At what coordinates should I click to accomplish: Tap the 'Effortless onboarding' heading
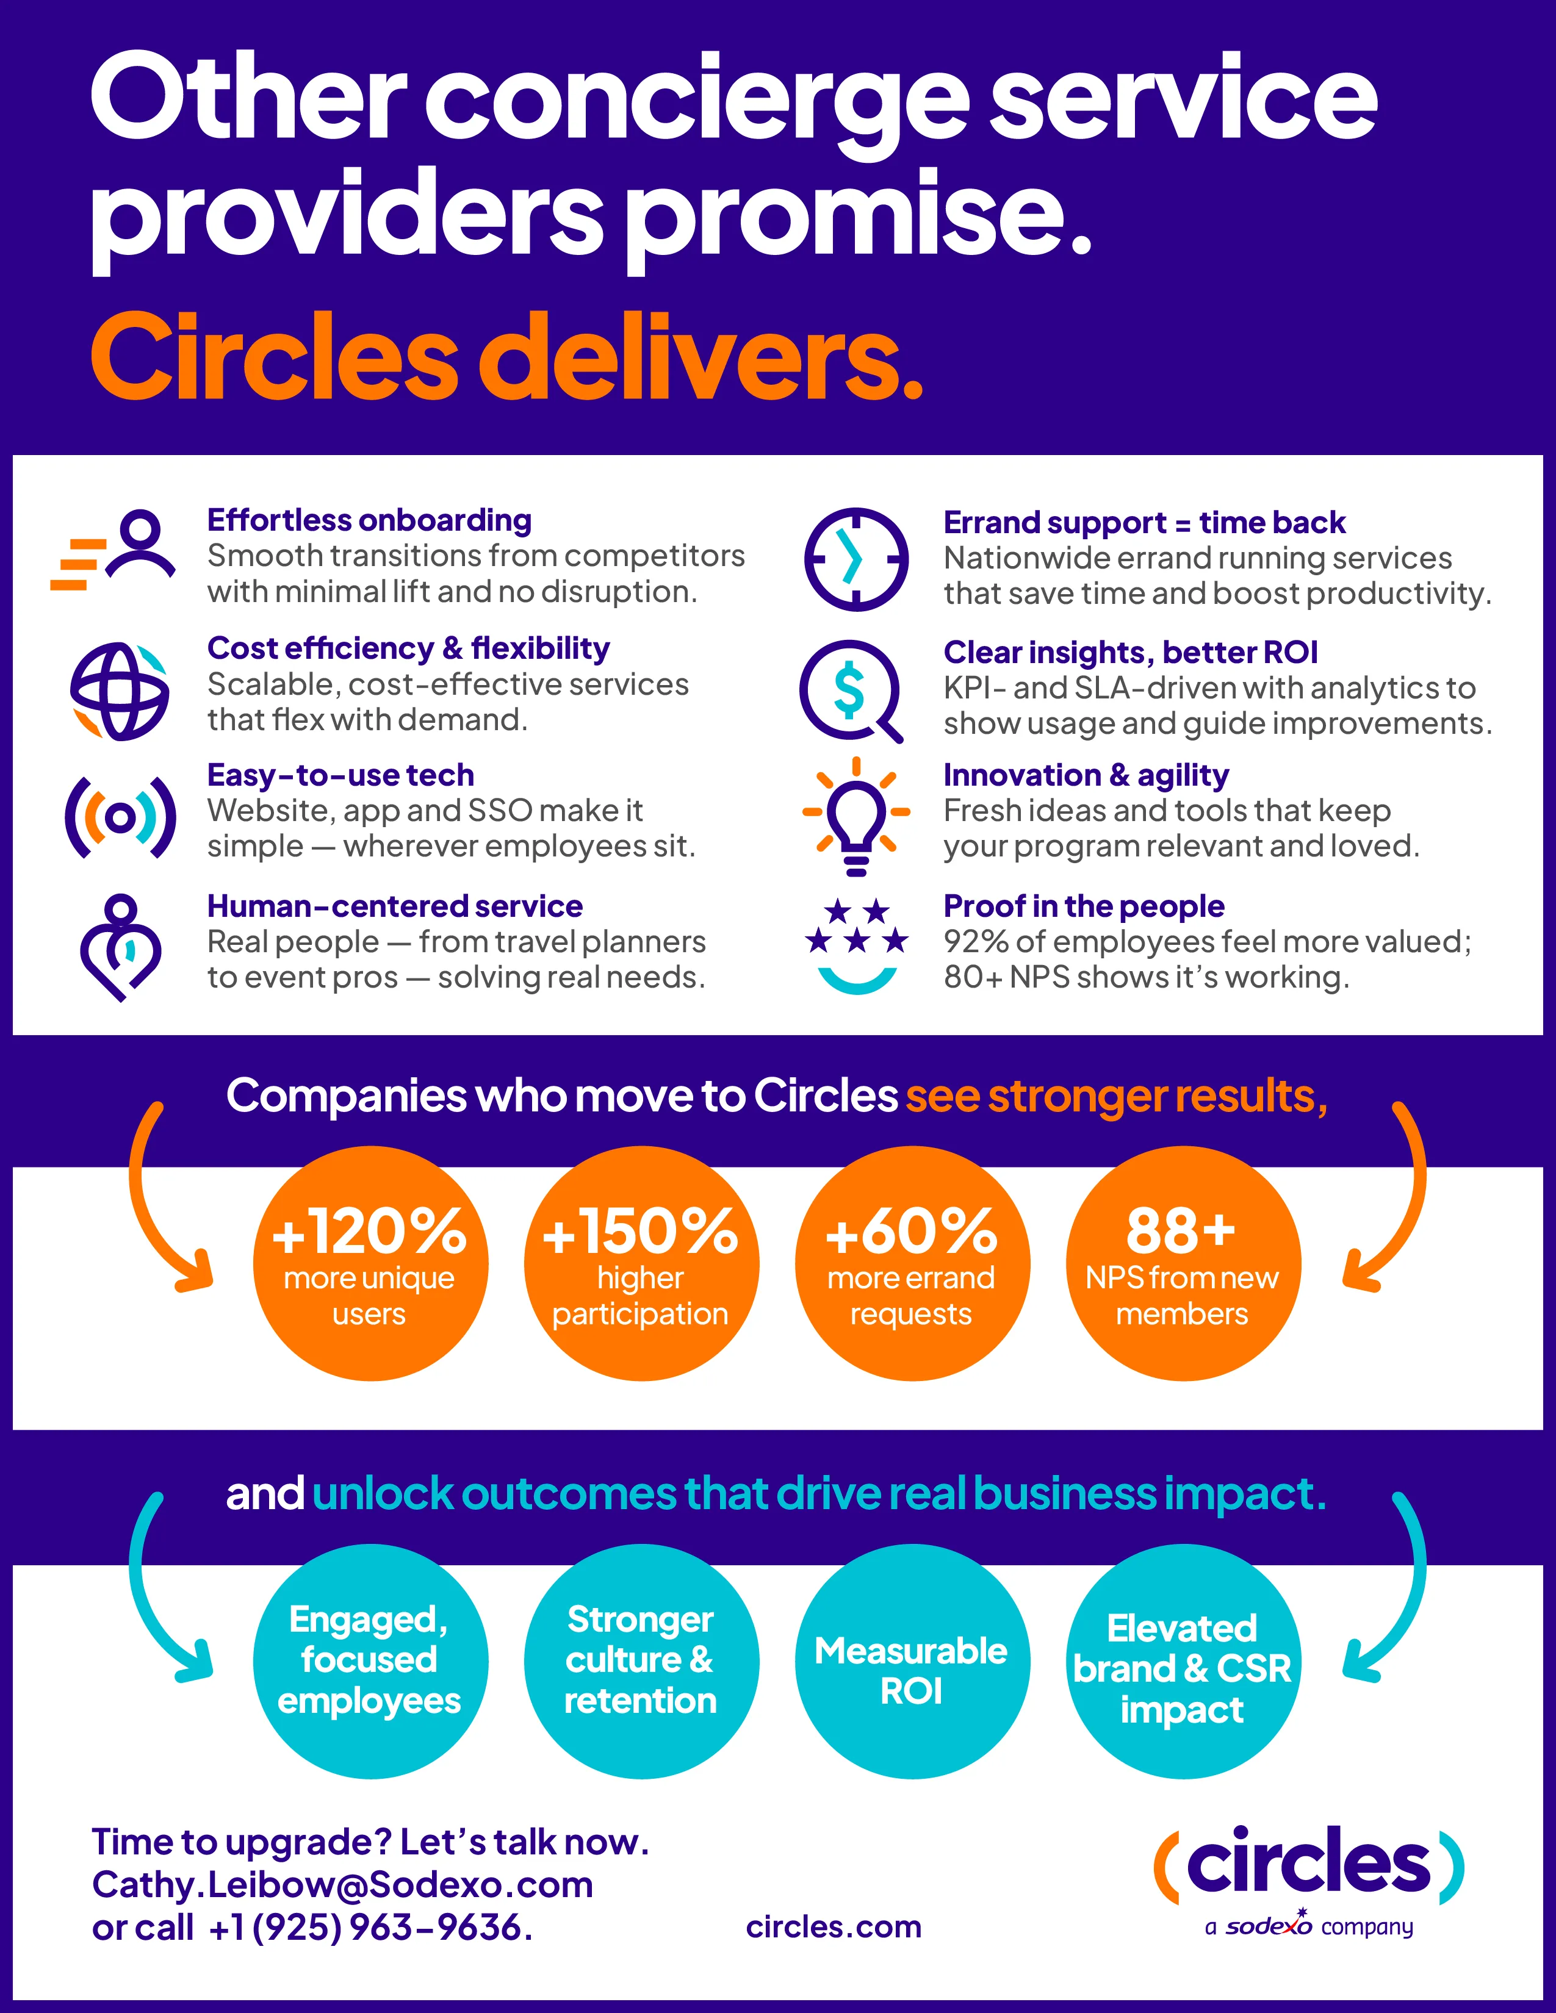pyautogui.click(x=369, y=521)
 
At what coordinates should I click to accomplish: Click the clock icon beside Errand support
pyautogui.click(x=855, y=559)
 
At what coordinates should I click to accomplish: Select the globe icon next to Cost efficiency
pyautogui.click(x=120, y=691)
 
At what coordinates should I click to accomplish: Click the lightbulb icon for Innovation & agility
pyautogui.click(x=856, y=816)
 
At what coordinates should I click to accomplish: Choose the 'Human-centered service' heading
pyautogui.click(x=395, y=907)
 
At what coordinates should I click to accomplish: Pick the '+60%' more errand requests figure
pyautogui.click(x=911, y=1232)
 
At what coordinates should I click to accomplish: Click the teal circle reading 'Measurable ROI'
pyautogui.click(x=912, y=1670)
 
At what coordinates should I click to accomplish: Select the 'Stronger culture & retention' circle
pyautogui.click(x=641, y=1661)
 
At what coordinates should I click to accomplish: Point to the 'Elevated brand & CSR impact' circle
pyautogui.click(x=1183, y=1668)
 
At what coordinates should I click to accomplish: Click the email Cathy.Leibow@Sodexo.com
pyautogui.click(x=342, y=1885)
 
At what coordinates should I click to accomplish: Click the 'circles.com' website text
pyautogui.click(x=834, y=1926)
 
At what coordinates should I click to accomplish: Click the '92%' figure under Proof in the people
pyautogui.click(x=975, y=942)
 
